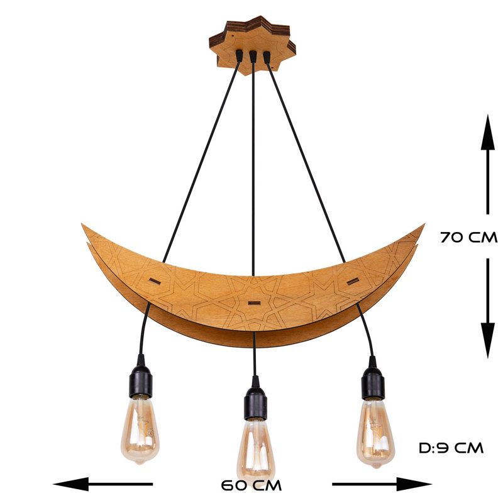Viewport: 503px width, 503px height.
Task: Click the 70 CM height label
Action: click(x=468, y=238)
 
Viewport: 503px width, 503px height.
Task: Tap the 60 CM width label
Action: click(x=251, y=485)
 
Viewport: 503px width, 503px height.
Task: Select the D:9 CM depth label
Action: click(x=451, y=448)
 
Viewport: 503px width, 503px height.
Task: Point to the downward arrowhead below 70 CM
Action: click(x=488, y=340)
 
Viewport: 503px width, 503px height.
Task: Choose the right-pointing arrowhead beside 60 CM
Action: click(x=414, y=484)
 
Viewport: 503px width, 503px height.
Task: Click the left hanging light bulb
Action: click(x=140, y=431)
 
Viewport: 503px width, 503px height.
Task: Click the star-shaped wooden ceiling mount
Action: click(x=253, y=45)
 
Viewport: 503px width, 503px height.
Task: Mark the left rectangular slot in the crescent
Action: click(x=155, y=281)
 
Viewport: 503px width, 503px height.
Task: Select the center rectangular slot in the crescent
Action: click(x=254, y=302)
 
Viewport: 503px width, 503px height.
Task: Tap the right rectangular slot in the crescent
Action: click(x=353, y=281)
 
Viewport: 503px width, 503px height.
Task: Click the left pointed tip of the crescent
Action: click(x=82, y=224)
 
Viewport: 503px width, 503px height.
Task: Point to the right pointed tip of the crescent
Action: click(x=424, y=224)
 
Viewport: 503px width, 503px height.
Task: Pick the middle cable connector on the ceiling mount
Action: click(x=253, y=57)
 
